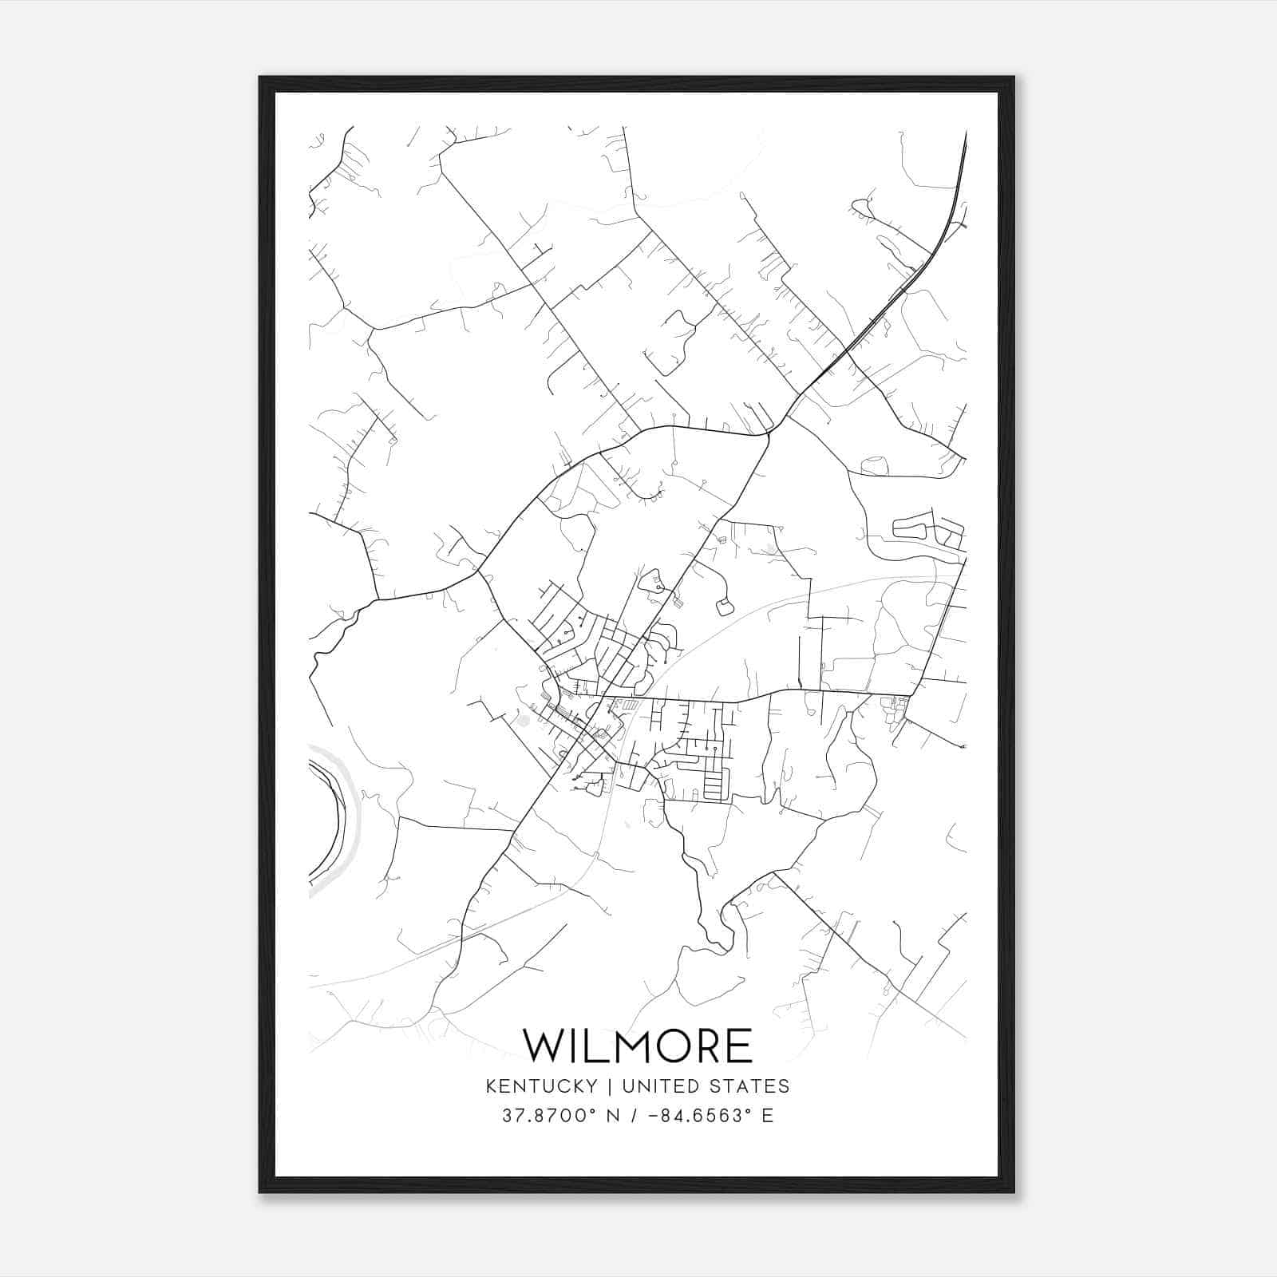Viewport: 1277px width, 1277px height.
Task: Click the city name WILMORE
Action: tap(637, 1046)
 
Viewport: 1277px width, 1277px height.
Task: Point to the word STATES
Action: tap(748, 1086)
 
